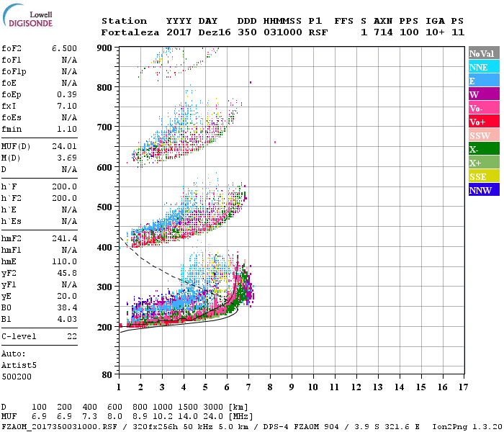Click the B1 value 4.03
pos(68,318)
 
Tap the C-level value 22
pos(72,336)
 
